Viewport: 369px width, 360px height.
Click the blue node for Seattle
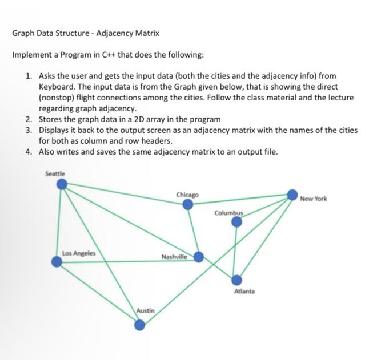coord(63,184)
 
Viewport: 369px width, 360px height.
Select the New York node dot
coord(292,193)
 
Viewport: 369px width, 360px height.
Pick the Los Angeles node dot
coord(57,262)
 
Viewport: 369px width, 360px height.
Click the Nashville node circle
coord(198,257)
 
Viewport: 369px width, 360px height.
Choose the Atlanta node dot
coord(237,280)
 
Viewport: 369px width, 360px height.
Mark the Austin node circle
coord(140,325)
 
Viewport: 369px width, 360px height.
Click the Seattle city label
coord(55,173)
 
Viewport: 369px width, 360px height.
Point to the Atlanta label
coord(244,291)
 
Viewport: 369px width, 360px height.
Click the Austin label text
coord(145,311)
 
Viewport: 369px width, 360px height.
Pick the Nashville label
coord(174,257)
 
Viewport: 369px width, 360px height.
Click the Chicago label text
coord(187,195)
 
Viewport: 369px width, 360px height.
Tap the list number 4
coord(28,151)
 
